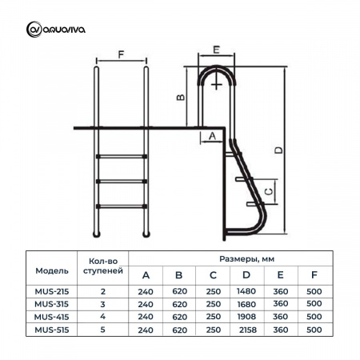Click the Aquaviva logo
click(56, 30)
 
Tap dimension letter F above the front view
click(121, 54)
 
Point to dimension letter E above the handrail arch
click(216, 50)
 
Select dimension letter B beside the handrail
click(181, 97)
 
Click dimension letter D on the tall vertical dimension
click(278, 150)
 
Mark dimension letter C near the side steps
click(269, 191)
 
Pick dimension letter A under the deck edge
click(212, 136)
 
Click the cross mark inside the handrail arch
click(217, 85)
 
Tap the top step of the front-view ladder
click(122, 156)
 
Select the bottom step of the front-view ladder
click(122, 206)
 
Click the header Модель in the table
click(52, 270)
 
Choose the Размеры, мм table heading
click(246, 258)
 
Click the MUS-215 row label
click(52, 291)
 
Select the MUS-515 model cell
click(52, 330)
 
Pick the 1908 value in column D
click(246, 317)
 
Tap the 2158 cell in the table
click(248, 330)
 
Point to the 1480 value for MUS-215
click(246, 291)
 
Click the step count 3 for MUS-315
click(102, 304)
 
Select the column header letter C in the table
click(213, 275)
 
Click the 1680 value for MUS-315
click(246, 304)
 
